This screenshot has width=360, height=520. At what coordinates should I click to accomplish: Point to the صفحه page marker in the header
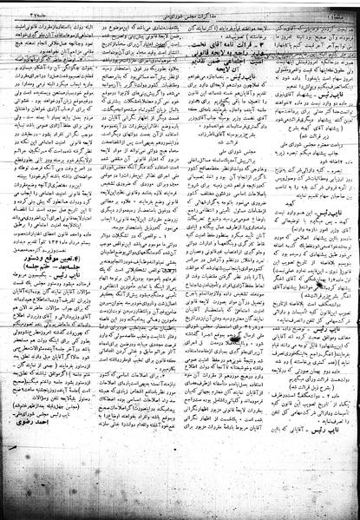[x=338, y=11]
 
